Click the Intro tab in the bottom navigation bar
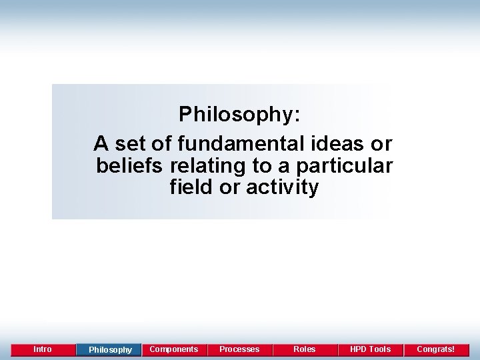click(42, 349)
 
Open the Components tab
click(174, 349)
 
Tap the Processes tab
click(239, 349)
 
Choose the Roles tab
click(305, 349)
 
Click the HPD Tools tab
click(370, 349)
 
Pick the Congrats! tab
click(436, 349)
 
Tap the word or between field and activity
click(231, 187)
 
